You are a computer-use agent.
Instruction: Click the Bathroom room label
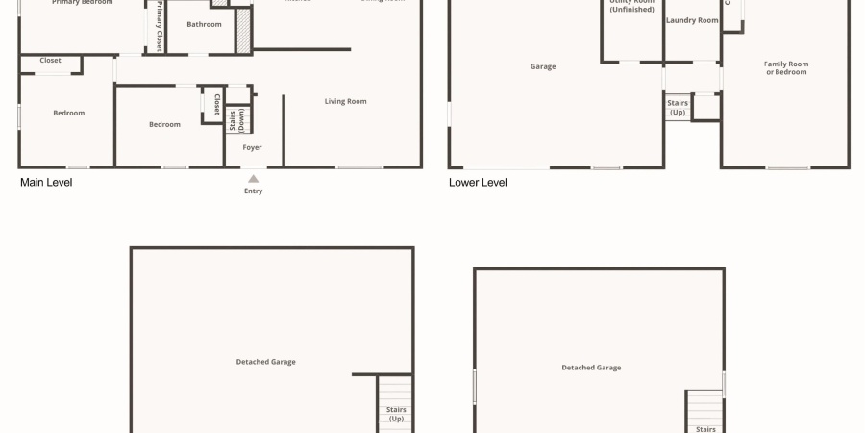click(204, 24)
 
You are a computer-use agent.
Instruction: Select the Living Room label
click(345, 101)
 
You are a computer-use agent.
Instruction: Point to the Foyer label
click(252, 147)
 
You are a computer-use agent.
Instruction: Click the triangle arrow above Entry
click(253, 178)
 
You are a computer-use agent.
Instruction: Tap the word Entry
click(253, 191)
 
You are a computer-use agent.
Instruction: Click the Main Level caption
click(46, 182)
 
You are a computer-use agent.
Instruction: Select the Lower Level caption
click(478, 182)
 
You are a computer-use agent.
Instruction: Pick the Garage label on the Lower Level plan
click(543, 66)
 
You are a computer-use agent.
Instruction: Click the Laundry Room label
click(692, 20)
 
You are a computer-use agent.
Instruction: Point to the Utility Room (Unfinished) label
click(631, 6)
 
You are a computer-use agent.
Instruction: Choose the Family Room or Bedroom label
click(786, 67)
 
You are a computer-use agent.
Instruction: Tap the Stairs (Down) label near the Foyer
click(236, 120)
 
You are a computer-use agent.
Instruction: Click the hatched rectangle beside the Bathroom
click(243, 31)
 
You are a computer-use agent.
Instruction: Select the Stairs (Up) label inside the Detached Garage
click(396, 414)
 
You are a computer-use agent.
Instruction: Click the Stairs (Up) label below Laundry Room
click(678, 107)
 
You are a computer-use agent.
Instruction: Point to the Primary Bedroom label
click(82, 3)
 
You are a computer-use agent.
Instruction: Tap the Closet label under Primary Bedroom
click(50, 60)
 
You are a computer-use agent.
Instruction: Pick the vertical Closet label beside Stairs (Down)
click(217, 103)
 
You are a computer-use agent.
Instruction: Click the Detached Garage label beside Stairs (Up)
click(265, 362)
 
